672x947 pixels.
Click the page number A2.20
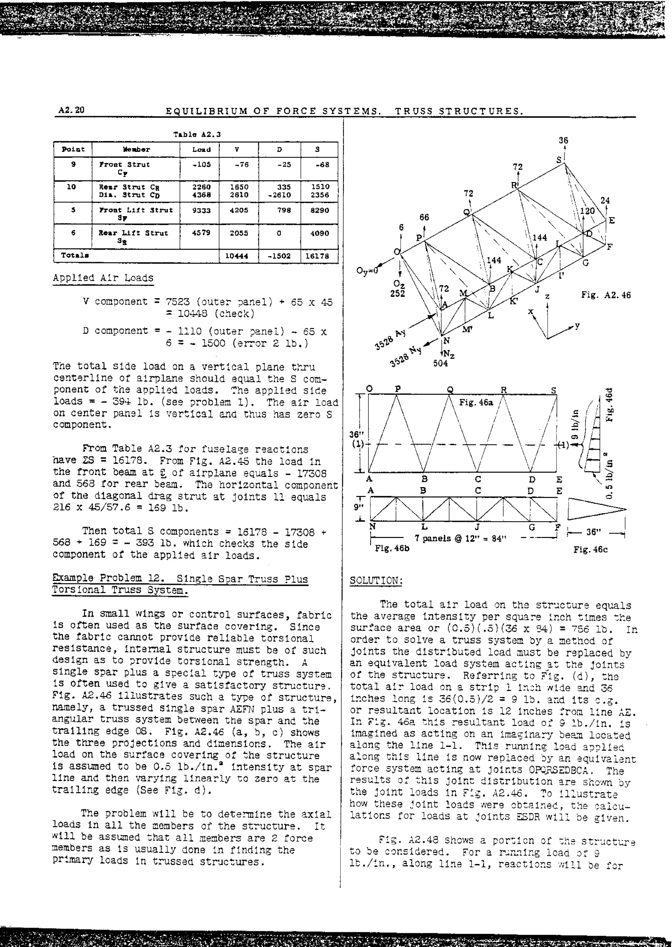(x=71, y=110)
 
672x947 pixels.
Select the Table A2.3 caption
(x=197, y=134)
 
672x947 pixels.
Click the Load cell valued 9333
(x=201, y=210)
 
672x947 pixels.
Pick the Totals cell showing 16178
(x=317, y=256)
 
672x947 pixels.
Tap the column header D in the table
(x=279, y=149)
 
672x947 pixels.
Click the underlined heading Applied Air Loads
(x=103, y=278)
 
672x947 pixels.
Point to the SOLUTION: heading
(x=376, y=581)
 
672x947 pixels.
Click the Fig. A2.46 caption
(x=606, y=295)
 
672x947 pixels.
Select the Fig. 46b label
(x=392, y=548)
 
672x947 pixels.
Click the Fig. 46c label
(x=590, y=549)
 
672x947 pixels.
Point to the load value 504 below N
(x=440, y=363)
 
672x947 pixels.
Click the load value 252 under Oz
(x=397, y=293)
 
